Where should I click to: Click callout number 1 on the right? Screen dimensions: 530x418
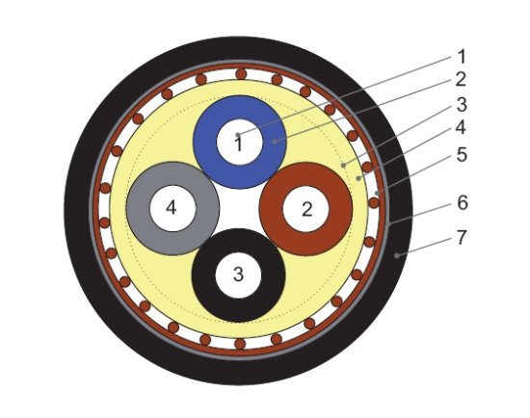(462, 57)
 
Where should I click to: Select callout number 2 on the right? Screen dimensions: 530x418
(461, 79)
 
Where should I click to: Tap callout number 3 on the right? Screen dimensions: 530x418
(462, 104)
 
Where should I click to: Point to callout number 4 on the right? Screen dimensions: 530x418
(461, 128)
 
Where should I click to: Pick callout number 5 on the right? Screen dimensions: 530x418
(462, 154)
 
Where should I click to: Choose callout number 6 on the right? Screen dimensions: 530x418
(463, 202)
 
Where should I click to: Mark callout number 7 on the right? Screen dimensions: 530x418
(462, 237)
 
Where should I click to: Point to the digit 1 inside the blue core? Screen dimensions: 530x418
(239, 144)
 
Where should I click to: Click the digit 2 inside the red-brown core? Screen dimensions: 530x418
(306, 209)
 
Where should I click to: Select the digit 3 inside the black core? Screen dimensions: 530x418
(238, 274)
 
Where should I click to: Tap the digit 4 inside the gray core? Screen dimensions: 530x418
(171, 207)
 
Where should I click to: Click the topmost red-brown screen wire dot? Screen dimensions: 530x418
(241, 73)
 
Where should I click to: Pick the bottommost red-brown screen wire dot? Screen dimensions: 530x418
(240, 344)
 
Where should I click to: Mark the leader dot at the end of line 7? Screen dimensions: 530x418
(397, 255)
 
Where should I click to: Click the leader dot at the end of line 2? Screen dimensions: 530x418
(275, 142)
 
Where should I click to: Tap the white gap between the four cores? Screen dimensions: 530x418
(239, 208)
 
